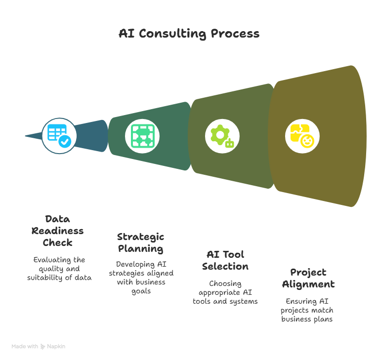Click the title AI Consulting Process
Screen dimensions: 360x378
[x=189, y=34]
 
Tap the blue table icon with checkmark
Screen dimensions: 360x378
[x=59, y=135]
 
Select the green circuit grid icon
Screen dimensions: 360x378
[x=142, y=135]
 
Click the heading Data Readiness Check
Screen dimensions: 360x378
[x=58, y=231]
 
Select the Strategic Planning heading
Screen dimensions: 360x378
[x=141, y=242]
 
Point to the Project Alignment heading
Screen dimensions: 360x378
[x=308, y=278]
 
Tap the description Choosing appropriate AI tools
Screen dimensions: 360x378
[x=225, y=292]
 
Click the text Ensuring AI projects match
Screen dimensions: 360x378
[x=307, y=310]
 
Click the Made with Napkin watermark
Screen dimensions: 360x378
[x=39, y=346]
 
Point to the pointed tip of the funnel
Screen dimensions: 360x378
[x=26, y=136]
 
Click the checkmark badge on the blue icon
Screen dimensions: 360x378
[x=65, y=142]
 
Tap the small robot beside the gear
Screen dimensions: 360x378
[x=229, y=144]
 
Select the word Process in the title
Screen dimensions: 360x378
[x=235, y=34]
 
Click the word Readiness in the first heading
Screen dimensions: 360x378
[x=58, y=231]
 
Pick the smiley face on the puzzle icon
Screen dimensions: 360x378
[x=307, y=142]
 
